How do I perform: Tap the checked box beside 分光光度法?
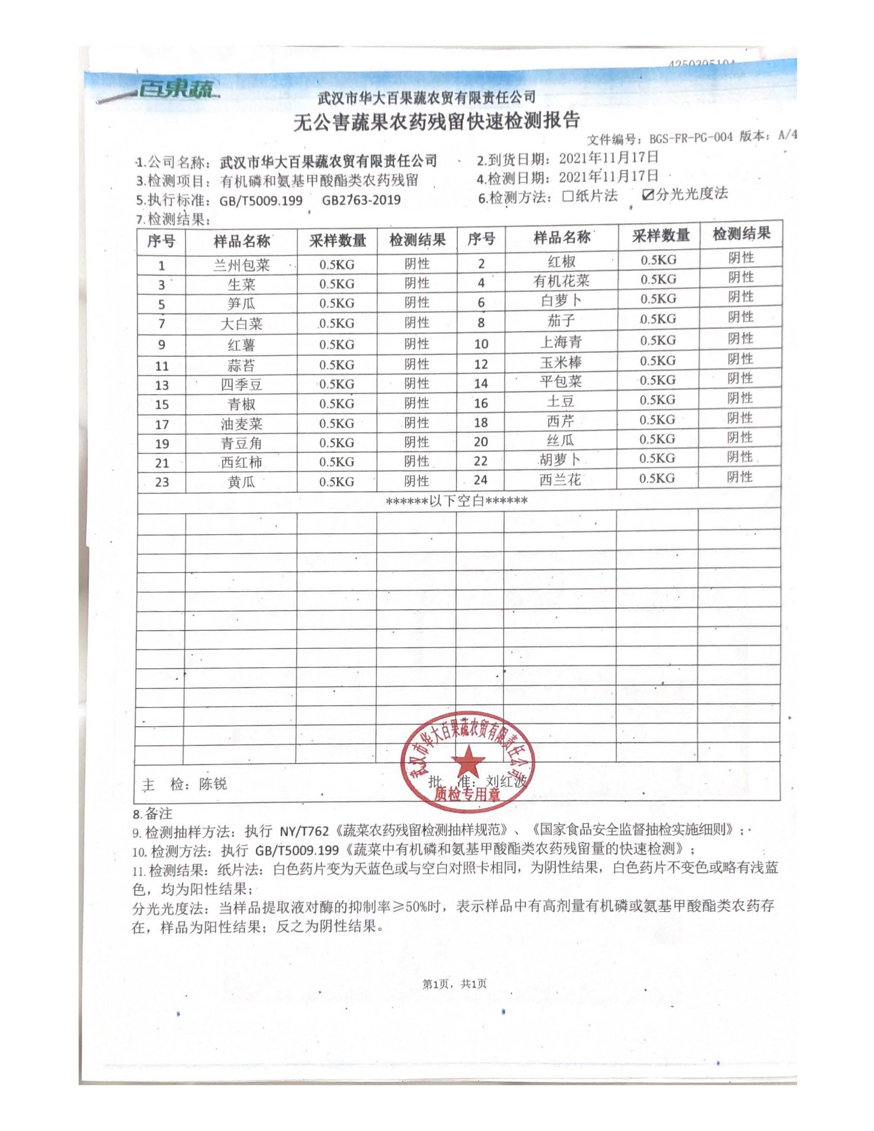click(x=647, y=195)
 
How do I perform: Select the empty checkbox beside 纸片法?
click(x=568, y=196)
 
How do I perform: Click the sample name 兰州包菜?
click(x=241, y=266)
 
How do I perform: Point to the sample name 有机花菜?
click(x=561, y=281)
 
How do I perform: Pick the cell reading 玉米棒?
click(x=561, y=362)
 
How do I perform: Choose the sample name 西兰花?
click(x=560, y=480)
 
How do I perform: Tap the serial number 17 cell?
click(x=162, y=425)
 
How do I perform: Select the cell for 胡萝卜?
click(x=561, y=460)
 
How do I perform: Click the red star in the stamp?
click(x=467, y=760)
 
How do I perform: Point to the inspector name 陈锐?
click(x=213, y=784)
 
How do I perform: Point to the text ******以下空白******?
click(x=457, y=501)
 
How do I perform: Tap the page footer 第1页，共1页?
click(x=454, y=983)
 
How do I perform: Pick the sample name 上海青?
click(x=561, y=342)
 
